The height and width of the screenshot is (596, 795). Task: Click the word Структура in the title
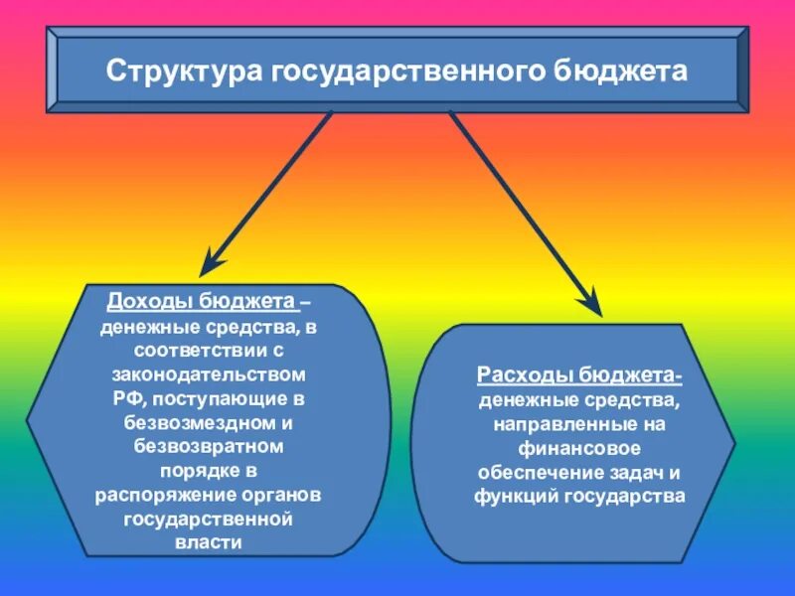coord(184,73)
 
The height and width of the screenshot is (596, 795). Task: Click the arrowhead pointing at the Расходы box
coord(590,303)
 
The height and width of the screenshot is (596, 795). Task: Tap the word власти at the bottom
coord(211,542)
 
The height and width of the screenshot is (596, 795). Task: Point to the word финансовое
coord(580,447)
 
